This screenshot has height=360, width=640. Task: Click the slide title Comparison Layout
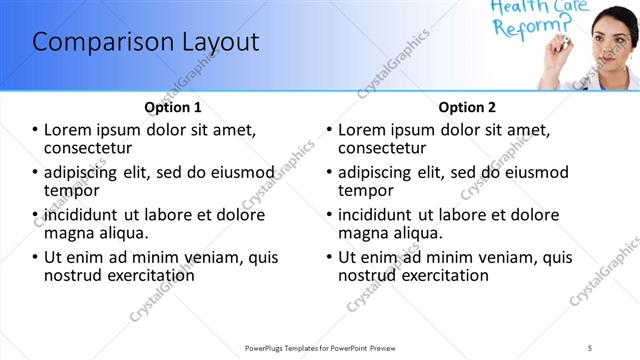(146, 43)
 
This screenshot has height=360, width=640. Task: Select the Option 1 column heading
(173, 107)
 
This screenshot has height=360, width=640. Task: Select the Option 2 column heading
(467, 107)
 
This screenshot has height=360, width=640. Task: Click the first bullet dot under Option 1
(36, 130)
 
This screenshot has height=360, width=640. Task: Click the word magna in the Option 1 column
(69, 233)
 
